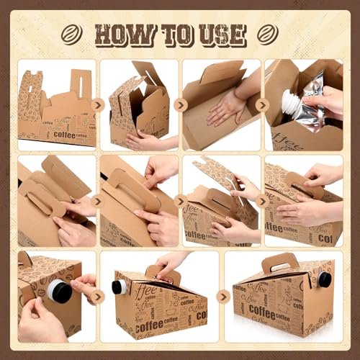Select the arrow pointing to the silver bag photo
click(262, 105)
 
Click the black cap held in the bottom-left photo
click(60, 291)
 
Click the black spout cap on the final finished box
click(325, 279)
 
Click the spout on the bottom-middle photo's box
click(119, 287)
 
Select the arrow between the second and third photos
click(181, 105)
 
